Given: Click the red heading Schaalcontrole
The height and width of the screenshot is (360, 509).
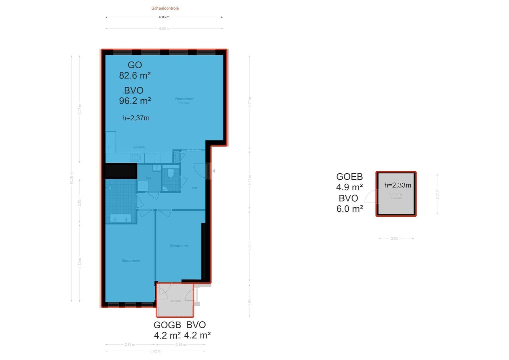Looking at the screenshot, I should click(165, 8).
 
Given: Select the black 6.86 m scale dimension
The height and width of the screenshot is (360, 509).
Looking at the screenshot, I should click(164, 17).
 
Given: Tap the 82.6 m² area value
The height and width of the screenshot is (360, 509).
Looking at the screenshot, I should click(135, 76).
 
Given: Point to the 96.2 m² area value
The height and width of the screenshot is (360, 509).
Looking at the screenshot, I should click(135, 101).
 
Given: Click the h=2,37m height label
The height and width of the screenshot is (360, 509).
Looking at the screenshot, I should click(136, 118).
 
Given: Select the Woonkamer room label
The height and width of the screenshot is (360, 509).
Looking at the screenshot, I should click(184, 99).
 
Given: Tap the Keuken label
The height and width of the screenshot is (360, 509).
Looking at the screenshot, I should click(139, 147).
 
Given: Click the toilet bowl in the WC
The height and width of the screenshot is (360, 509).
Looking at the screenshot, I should click(171, 173).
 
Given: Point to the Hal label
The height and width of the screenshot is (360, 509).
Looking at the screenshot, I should click(194, 188).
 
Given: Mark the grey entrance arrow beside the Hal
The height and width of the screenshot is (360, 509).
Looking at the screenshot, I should click(214, 171).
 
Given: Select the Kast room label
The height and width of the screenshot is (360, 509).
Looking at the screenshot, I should click(149, 178).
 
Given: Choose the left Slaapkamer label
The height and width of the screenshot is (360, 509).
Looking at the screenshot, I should click(131, 261).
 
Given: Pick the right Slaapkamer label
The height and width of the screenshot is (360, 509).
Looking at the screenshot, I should click(179, 246).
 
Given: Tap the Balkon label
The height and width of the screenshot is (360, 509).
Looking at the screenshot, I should click(175, 301).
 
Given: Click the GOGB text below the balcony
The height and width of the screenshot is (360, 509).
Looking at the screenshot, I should click(167, 325).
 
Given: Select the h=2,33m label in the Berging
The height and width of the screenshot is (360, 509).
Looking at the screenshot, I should click(397, 185).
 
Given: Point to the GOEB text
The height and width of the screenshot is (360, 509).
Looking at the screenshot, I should click(349, 177).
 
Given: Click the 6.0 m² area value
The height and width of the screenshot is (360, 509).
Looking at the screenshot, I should click(349, 209).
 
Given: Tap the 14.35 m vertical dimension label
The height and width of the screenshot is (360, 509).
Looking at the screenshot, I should click(72, 178).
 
